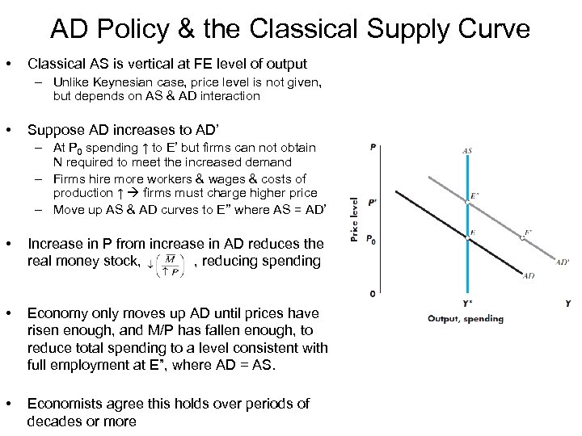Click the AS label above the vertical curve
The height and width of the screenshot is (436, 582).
468,150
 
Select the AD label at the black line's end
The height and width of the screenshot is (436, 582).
528,275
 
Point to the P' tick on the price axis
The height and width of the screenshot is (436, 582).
372,203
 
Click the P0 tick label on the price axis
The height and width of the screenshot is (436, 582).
372,238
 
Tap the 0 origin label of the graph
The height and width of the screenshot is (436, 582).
372,294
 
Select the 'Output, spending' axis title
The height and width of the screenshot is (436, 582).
466,318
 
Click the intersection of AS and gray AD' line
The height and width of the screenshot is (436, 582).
468,202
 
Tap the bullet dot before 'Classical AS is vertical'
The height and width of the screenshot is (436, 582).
9,63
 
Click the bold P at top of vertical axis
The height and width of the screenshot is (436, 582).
372,147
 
